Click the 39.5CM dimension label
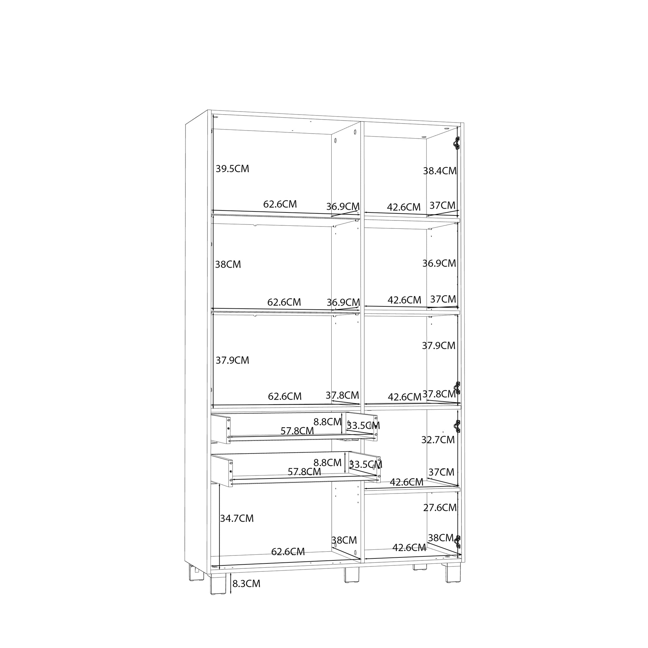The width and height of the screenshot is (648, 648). [232, 169]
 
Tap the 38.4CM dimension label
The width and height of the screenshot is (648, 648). [440, 171]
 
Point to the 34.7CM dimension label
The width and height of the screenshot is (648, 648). [236, 518]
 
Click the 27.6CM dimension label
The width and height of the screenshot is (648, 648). [440, 507]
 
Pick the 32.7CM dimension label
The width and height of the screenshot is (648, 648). [438, 439]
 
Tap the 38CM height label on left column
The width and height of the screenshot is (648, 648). [228, 264]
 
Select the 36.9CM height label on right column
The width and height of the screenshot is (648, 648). [439, 263]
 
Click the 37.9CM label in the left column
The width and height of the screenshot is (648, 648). [232, 360]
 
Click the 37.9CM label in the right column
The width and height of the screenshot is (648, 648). [439, 345]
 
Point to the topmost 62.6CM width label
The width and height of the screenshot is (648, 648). [280, 204]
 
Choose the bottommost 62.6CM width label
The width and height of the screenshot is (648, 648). [288, 551]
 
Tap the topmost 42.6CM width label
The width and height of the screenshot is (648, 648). [404, 207]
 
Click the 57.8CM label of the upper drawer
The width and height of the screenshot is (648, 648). [297, 431]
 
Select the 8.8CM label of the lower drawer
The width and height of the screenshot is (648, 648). [327, 463]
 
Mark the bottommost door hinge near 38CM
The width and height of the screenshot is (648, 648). [457, 542]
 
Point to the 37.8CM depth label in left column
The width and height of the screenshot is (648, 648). [342, 395]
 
